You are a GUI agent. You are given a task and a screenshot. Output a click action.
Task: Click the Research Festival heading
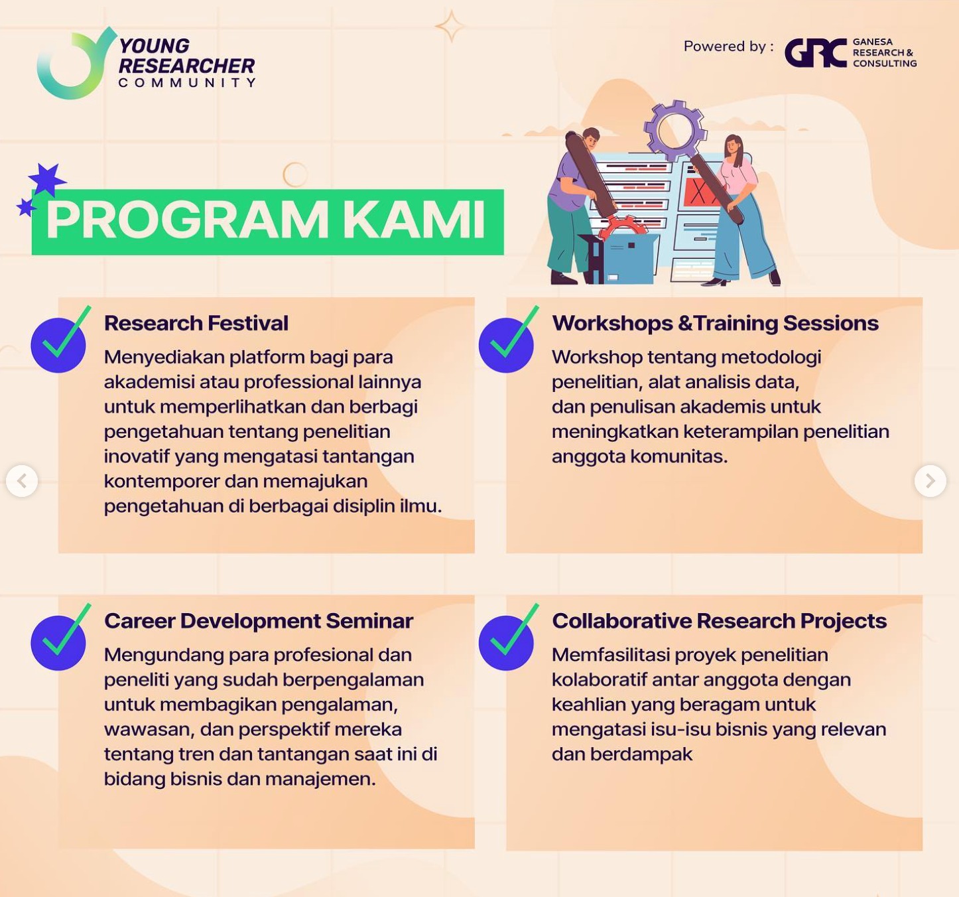click(196, 323)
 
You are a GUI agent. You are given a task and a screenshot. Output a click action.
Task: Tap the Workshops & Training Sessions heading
click(715, 323)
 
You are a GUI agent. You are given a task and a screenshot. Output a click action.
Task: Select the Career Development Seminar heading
click(259, 621)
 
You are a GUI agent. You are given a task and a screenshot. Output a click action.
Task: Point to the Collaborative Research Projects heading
click(720, 621)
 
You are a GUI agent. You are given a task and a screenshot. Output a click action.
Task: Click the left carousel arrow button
click(22, 481)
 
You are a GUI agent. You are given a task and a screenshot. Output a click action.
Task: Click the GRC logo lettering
click(816, 52)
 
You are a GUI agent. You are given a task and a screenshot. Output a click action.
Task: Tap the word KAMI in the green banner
click(414, 221)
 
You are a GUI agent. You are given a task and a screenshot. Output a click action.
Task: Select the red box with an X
click(700, 191)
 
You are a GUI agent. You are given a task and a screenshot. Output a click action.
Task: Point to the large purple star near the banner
click(46, 180)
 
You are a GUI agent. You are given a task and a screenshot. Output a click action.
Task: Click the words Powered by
click(729, 46)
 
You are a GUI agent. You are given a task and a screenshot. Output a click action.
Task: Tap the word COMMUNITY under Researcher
click(187, 83)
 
